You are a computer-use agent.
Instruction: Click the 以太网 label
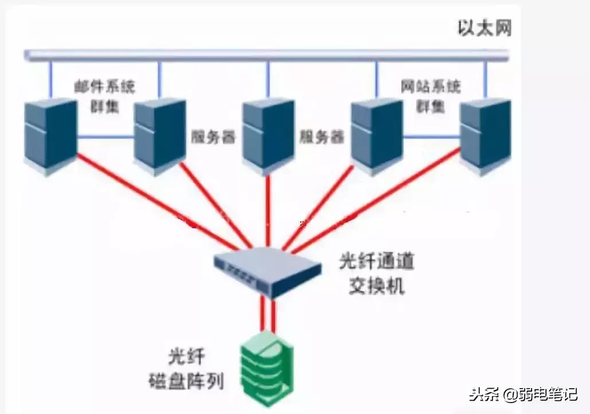pyautogui.click(x=484, y=28)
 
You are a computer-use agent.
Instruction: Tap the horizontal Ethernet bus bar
pyautogui.click(x=266, y=55)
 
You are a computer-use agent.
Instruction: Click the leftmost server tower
pyautogui.click(x=50, y=135)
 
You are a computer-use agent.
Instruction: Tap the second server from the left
pyautogui.click(x=160, y=135)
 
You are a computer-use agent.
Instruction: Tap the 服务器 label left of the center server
pyautogui.click(x=213, y=138)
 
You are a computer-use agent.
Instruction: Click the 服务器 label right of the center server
pyautogui.click(x=322, y=138)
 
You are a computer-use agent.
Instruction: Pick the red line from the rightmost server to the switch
pyautogui.click(x=378, y=201)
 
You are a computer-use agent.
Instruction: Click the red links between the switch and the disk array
pyautogui.click(x=268, y=314)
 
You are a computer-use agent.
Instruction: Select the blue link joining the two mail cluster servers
pyautogui.click(x=105, y=137)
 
